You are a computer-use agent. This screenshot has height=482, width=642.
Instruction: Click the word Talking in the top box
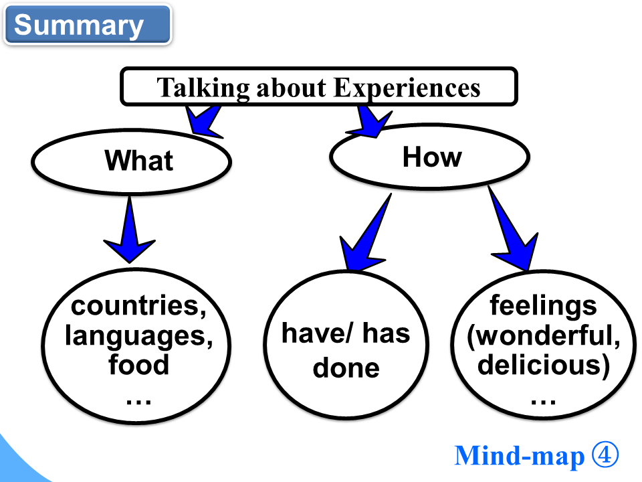[195, 88]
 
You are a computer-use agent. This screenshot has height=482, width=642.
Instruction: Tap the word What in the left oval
[138, 161]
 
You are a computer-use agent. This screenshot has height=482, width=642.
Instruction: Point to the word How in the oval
[432, 157]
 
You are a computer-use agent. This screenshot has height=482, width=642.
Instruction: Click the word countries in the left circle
[138, 306]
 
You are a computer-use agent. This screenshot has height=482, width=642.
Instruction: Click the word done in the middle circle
[346, 368]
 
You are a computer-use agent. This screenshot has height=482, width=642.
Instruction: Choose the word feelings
[543, 306]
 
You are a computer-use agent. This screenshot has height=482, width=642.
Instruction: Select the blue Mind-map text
[519, 456]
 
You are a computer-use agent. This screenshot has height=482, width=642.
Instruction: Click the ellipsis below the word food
[138, 399]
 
